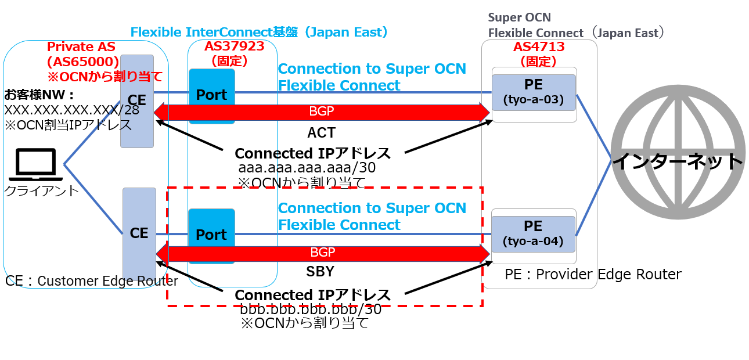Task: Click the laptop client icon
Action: coord(35,163)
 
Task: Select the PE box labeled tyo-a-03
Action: coord(534,92)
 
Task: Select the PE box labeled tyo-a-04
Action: coord(534,233)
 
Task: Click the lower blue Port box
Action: coord(211,235)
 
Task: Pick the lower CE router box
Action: coord(139,233)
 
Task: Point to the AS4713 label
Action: coord(539,47)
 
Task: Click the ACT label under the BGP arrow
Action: coord(322,133)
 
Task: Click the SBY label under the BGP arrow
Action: coord(322,272)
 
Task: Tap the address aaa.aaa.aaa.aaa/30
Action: coord(307,168)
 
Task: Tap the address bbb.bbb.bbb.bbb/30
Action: coord(310,309)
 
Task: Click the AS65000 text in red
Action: coord(82,62)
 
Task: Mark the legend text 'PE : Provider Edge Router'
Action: coord(593,274)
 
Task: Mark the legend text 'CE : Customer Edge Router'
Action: coord(92,281)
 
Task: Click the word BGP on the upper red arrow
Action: coord(322,111)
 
